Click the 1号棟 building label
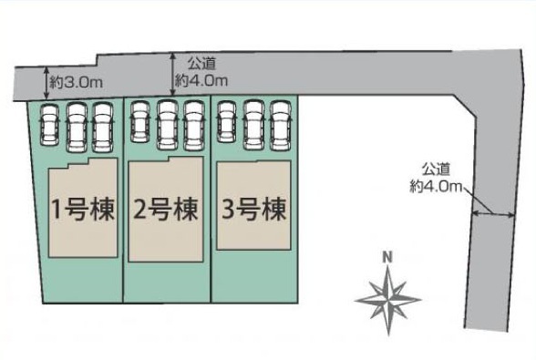click(83, 210)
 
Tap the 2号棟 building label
click(166, 210)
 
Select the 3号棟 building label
click(254, 210)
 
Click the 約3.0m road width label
click(77, 82)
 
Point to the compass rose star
click(387, 300)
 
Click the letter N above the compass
click(387, 257)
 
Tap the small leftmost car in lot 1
click(49, 125)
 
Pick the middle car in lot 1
click(77, 128)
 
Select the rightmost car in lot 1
click(102, 128)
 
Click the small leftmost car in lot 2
click(139, 122)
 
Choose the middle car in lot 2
click(168, 125)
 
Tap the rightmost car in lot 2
click(194, 125)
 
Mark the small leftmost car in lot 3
click(227, 121)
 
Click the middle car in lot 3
click(254, 125)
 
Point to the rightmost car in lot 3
click(280, 125)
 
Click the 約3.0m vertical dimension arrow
click(46, 82)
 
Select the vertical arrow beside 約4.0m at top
click(173, 74)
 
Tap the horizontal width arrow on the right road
click(493, 215)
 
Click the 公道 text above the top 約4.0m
click(201, 64)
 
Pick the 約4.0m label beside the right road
click(436, 187)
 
